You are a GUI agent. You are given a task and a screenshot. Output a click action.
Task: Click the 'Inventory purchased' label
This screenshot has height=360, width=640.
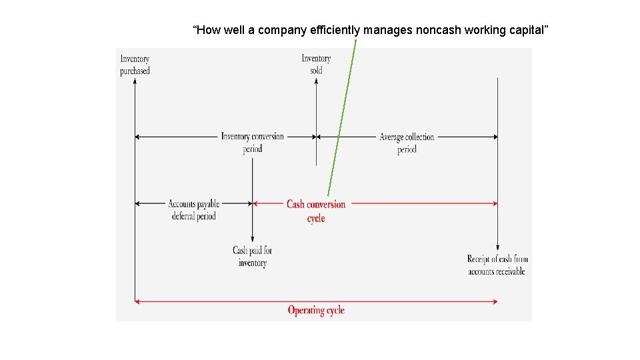click(x=135, y=65)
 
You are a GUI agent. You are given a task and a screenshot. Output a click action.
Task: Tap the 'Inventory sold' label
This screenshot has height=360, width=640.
click(x=316, y=64)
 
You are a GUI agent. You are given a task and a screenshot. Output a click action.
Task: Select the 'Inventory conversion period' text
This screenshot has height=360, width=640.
click(x=253, y=143)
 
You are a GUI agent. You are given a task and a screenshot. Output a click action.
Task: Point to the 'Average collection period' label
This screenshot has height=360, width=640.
click(x=407, y=143)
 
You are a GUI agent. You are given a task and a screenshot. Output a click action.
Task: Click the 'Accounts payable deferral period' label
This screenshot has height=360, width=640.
click(x=193, y=209)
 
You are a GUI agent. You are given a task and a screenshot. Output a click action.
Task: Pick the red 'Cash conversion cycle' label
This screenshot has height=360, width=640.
click(x=316, y=211)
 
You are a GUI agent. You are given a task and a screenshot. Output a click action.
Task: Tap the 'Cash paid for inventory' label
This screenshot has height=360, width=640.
click(x=253, y=257)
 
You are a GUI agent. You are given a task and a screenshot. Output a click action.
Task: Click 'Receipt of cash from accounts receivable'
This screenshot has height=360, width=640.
click(x=497, y=265)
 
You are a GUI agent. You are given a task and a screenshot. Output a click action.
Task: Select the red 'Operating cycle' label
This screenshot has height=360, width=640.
click(x=316, y=310)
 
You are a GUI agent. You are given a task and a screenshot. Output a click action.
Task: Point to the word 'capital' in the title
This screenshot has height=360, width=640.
click(x=524, y=30)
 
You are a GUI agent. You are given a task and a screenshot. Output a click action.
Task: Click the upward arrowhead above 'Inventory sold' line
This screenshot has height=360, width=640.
click(x=316, y=81)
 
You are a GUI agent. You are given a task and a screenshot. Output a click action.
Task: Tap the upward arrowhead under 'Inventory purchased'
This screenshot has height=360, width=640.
click(x=135, y=81)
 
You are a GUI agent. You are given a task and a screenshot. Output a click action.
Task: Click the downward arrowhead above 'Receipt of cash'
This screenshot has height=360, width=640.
click(x=497, y=246)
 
